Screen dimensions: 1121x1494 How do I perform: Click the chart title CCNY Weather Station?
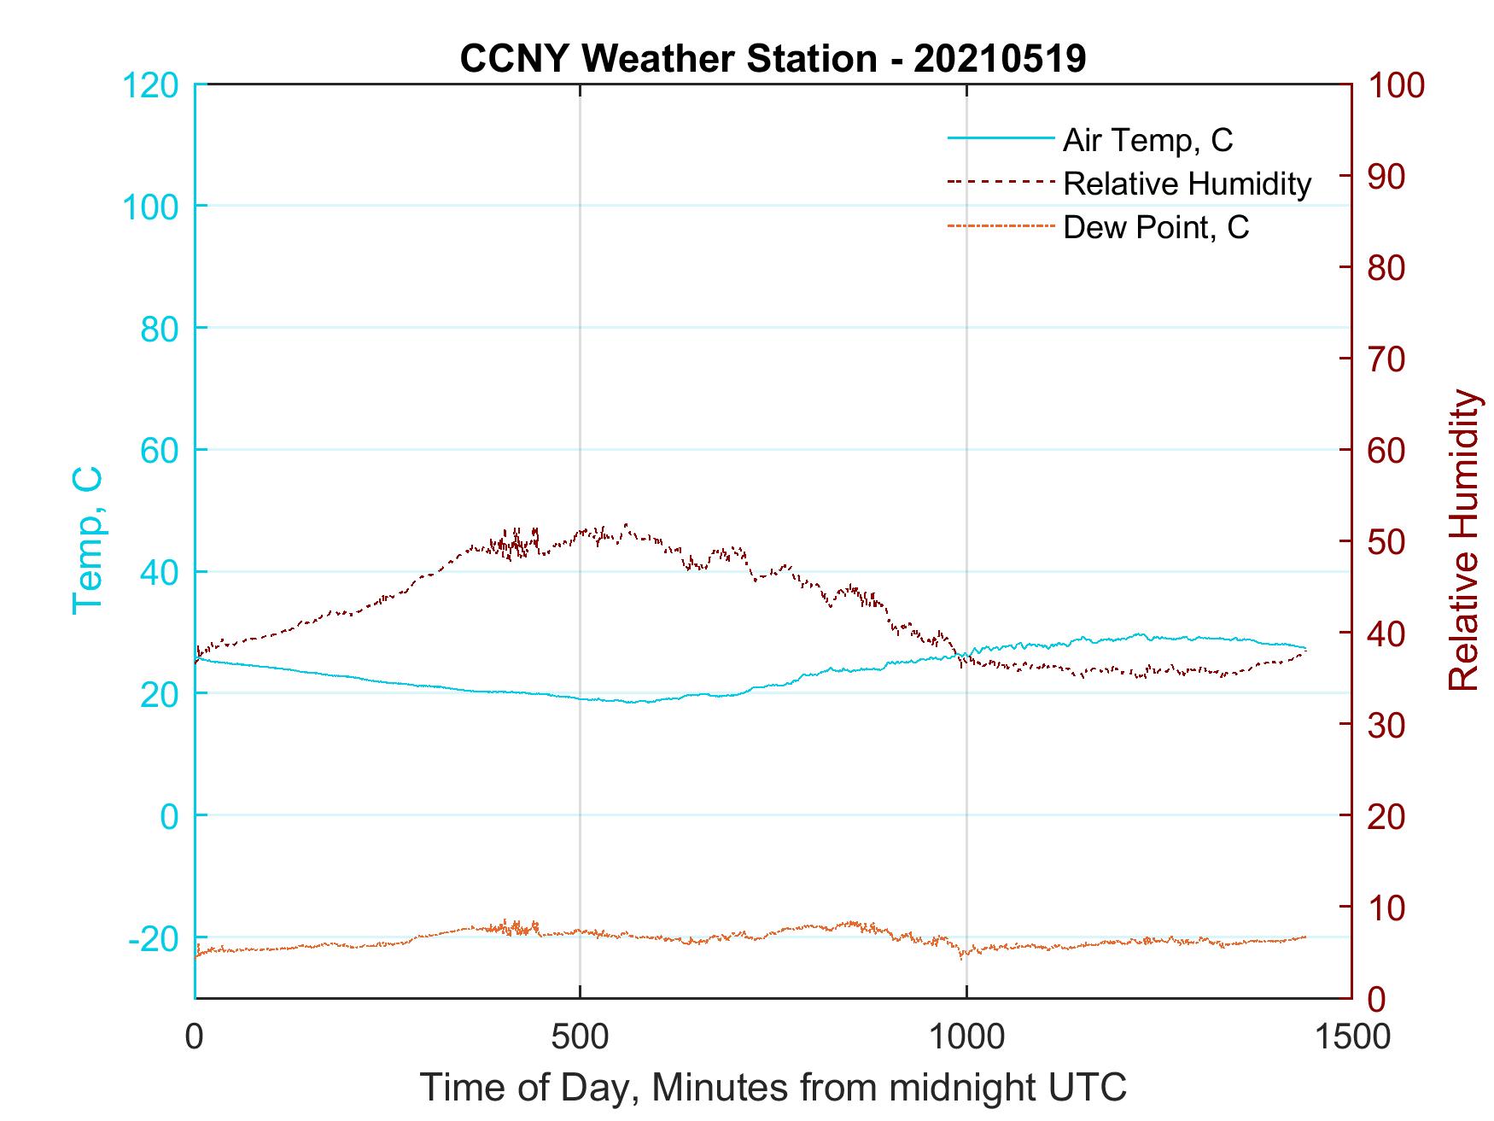coord(668,59)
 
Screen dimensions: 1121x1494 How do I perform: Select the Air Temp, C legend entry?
coord(1147,140)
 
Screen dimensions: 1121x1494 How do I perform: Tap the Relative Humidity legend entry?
coord(1187,184)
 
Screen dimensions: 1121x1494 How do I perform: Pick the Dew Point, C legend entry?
coord(1156,228)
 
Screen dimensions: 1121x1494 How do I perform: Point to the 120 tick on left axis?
coord(151,86)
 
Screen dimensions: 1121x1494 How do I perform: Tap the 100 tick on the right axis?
coord(1397,86)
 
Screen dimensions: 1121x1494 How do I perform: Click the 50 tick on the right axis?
coord(1387,542)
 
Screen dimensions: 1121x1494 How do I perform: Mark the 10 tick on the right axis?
coord(1387,908)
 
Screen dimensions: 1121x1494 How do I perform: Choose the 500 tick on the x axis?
coord(580,1036)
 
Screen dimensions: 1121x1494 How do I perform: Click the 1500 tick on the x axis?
coord(1351,1036)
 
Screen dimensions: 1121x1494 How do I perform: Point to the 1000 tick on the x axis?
coord(966,1036)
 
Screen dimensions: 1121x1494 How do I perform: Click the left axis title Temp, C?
coord(87,540)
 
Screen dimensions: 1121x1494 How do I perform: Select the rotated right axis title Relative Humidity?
coord(1463,540)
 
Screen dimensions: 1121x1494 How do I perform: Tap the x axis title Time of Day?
coord(773,1088)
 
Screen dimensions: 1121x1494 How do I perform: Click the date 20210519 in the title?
coord(1000,59)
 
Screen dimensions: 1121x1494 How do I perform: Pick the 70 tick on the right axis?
coord(1387,359)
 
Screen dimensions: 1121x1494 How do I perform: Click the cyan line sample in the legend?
coord(1000,138)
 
